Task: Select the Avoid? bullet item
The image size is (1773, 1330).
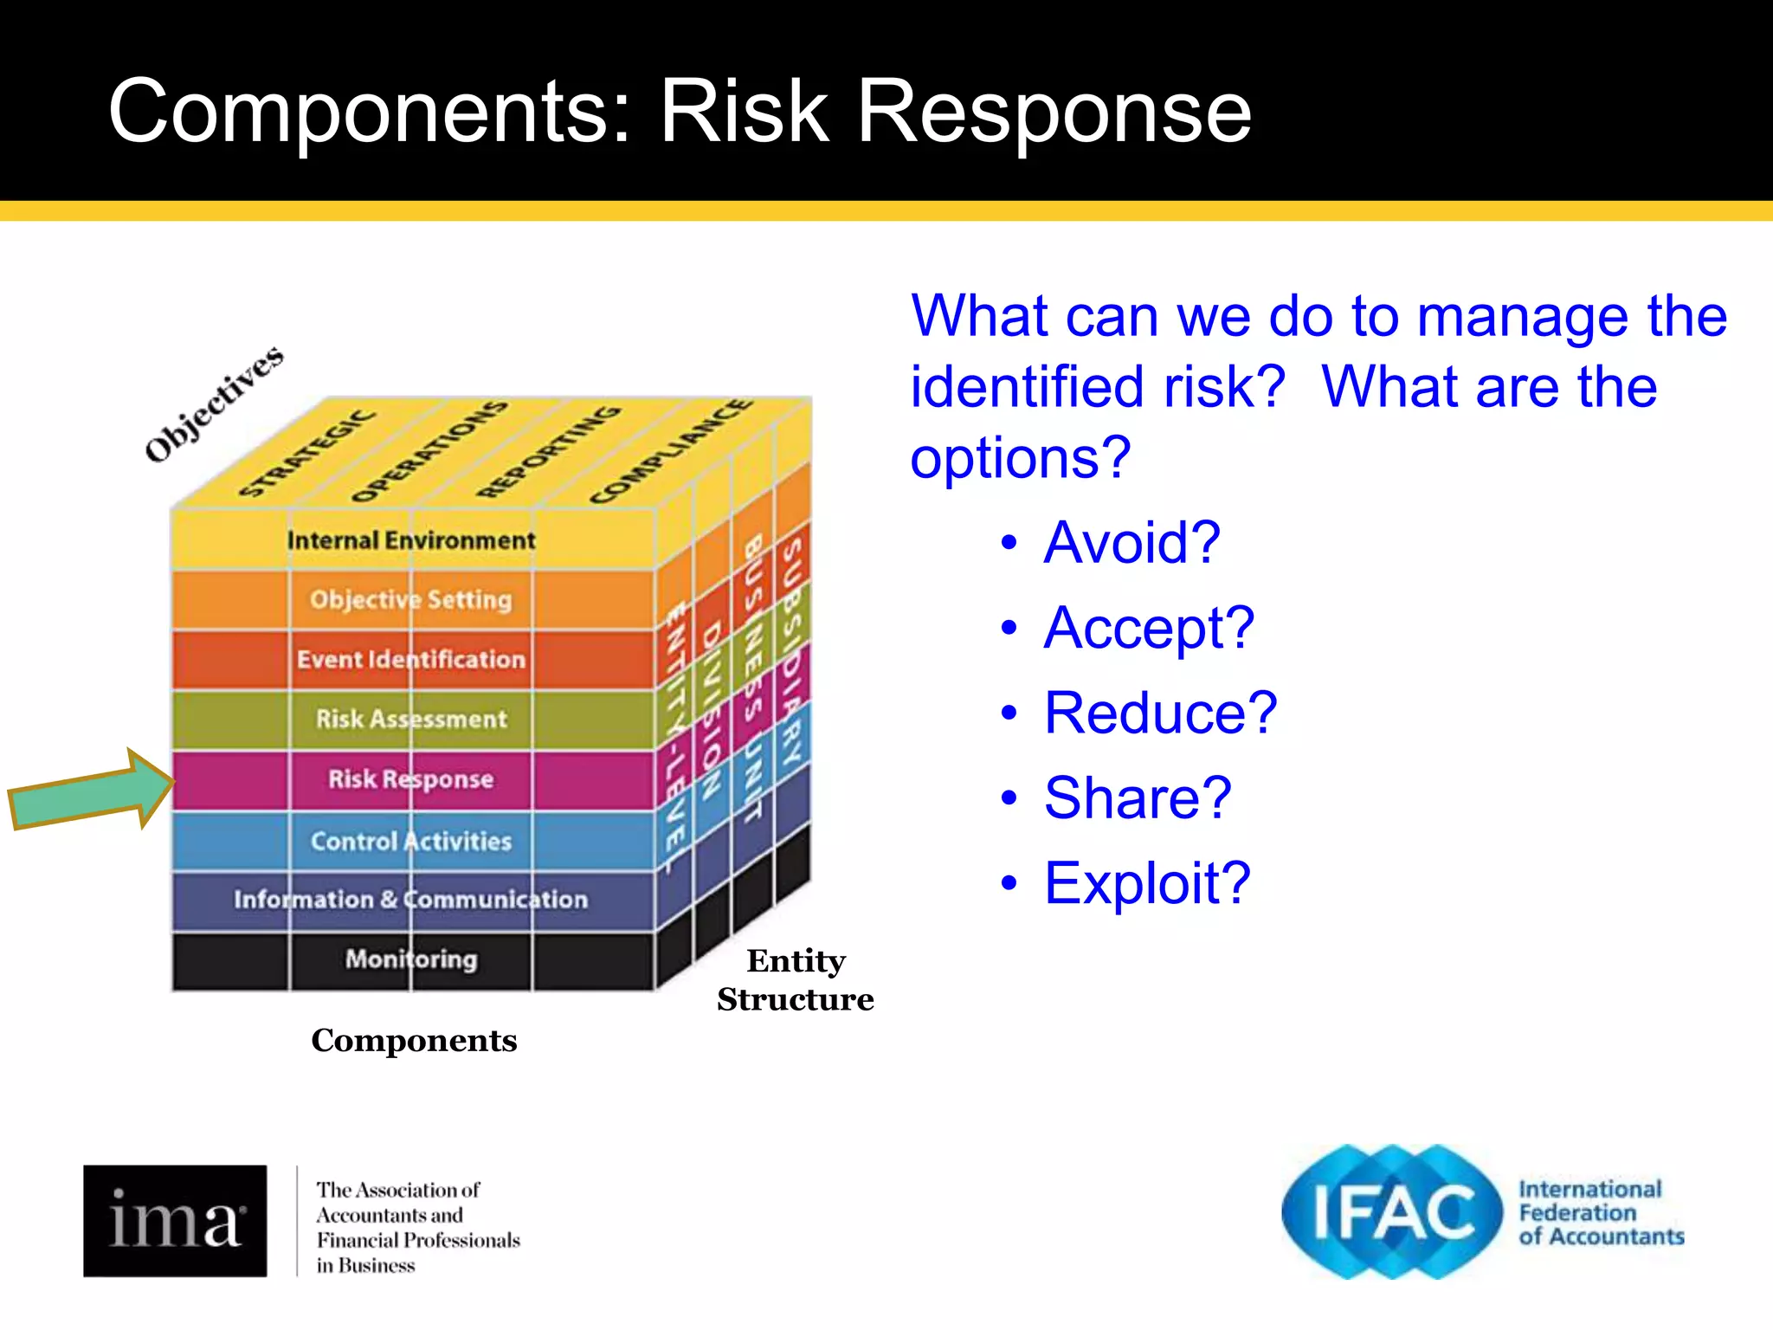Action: click(x=1131, y=542)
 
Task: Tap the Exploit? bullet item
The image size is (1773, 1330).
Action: click(x=1146, y=882)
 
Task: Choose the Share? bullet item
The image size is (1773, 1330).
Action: click(x=1137, y=797)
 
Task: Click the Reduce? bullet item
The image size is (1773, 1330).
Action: click(x=1159, y=713)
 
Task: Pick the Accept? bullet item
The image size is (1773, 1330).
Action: click(x=1148, y=627)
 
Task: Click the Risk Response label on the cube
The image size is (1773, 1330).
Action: click(x=410, y=779)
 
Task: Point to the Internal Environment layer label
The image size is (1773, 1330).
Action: click(x=411, y=540)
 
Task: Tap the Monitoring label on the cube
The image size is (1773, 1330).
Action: click(x=411, y=959)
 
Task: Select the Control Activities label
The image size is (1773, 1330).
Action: click(x=411, y=841)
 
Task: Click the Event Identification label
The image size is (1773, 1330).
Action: click(x=411, y=660)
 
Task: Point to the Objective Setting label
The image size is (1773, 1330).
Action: click(x=411, y=599)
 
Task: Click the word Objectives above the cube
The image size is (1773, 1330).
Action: click(x=214, y=404)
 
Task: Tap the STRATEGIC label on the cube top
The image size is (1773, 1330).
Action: click(x=306, y=453)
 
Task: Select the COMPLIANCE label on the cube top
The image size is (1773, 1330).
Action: click(x=670, y=451)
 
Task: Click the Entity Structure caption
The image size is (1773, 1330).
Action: click(x=795, y=979)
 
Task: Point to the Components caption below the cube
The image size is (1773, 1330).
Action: click(x=414, y=1040)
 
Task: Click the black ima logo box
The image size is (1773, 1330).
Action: click(x=175, y=1220)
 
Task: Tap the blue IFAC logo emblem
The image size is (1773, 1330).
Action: click(x=1391, y=1211)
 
